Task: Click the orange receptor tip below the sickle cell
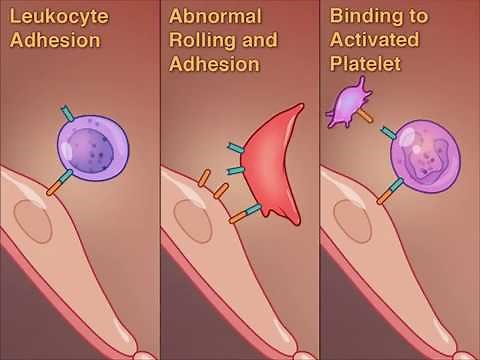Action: click(236, 216)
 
